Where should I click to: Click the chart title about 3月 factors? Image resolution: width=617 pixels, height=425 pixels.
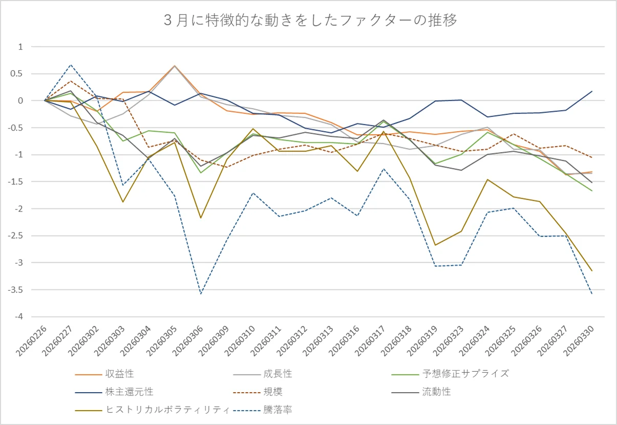click(x=310, y=20)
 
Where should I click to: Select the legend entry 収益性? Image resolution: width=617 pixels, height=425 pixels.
click(x=104, y=374)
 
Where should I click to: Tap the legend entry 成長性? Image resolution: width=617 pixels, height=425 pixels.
click(x=263, y=374)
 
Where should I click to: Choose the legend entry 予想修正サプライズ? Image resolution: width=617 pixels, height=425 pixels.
click(x=450, y=374)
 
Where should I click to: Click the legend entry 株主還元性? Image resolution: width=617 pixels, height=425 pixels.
click(x=114, y=392)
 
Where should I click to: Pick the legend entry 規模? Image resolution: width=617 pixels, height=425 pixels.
click(x=258, y=392)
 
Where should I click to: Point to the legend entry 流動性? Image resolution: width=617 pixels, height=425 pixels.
click(x=421, y=392)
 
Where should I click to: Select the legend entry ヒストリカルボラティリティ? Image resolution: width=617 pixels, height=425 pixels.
click(x=152, y=410)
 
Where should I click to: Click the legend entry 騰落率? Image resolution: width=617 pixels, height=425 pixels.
click(x=263, y=410)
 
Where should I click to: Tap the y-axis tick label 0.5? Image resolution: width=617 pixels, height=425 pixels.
click(x=16, y=74)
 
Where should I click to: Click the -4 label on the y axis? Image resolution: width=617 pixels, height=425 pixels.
click(x=19, y=316)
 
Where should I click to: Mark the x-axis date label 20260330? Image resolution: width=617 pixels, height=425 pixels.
click(x=579, y=341)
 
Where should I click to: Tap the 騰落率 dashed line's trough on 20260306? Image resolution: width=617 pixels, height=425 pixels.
click(x=201, y=293)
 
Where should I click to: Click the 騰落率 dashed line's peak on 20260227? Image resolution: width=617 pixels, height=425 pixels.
click(x=71, y=65)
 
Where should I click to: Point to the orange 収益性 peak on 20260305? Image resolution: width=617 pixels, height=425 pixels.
click(x=175, y=66)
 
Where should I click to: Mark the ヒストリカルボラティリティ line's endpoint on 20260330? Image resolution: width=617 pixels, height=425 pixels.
click(x=592, y=271)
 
